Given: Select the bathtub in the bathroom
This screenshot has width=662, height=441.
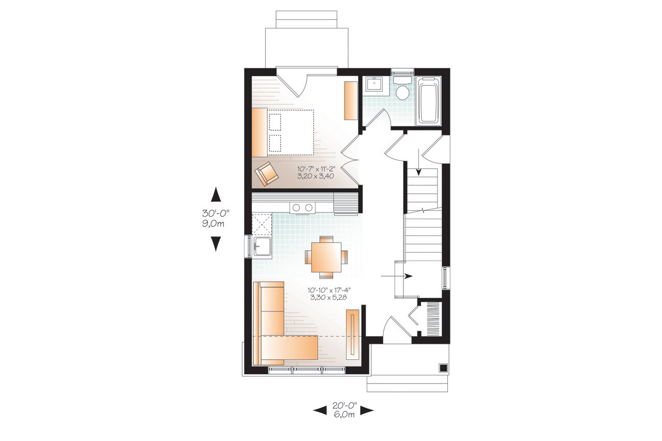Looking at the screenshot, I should [x=428, y=101].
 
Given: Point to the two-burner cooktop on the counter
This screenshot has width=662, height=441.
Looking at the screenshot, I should [x=302, y=207].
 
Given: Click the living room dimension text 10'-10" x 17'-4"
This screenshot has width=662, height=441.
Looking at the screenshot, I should [x=330, y=293].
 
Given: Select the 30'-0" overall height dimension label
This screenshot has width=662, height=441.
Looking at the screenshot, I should [x=216, y=218].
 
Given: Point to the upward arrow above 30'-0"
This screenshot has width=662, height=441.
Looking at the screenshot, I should [x=216, y=195].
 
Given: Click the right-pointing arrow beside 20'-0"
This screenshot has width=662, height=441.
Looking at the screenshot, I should [x=367, y=410].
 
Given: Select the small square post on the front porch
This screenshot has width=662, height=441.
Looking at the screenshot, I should [x=443, y=368].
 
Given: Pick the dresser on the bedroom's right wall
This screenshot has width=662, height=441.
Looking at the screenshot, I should [x=351, y=100].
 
